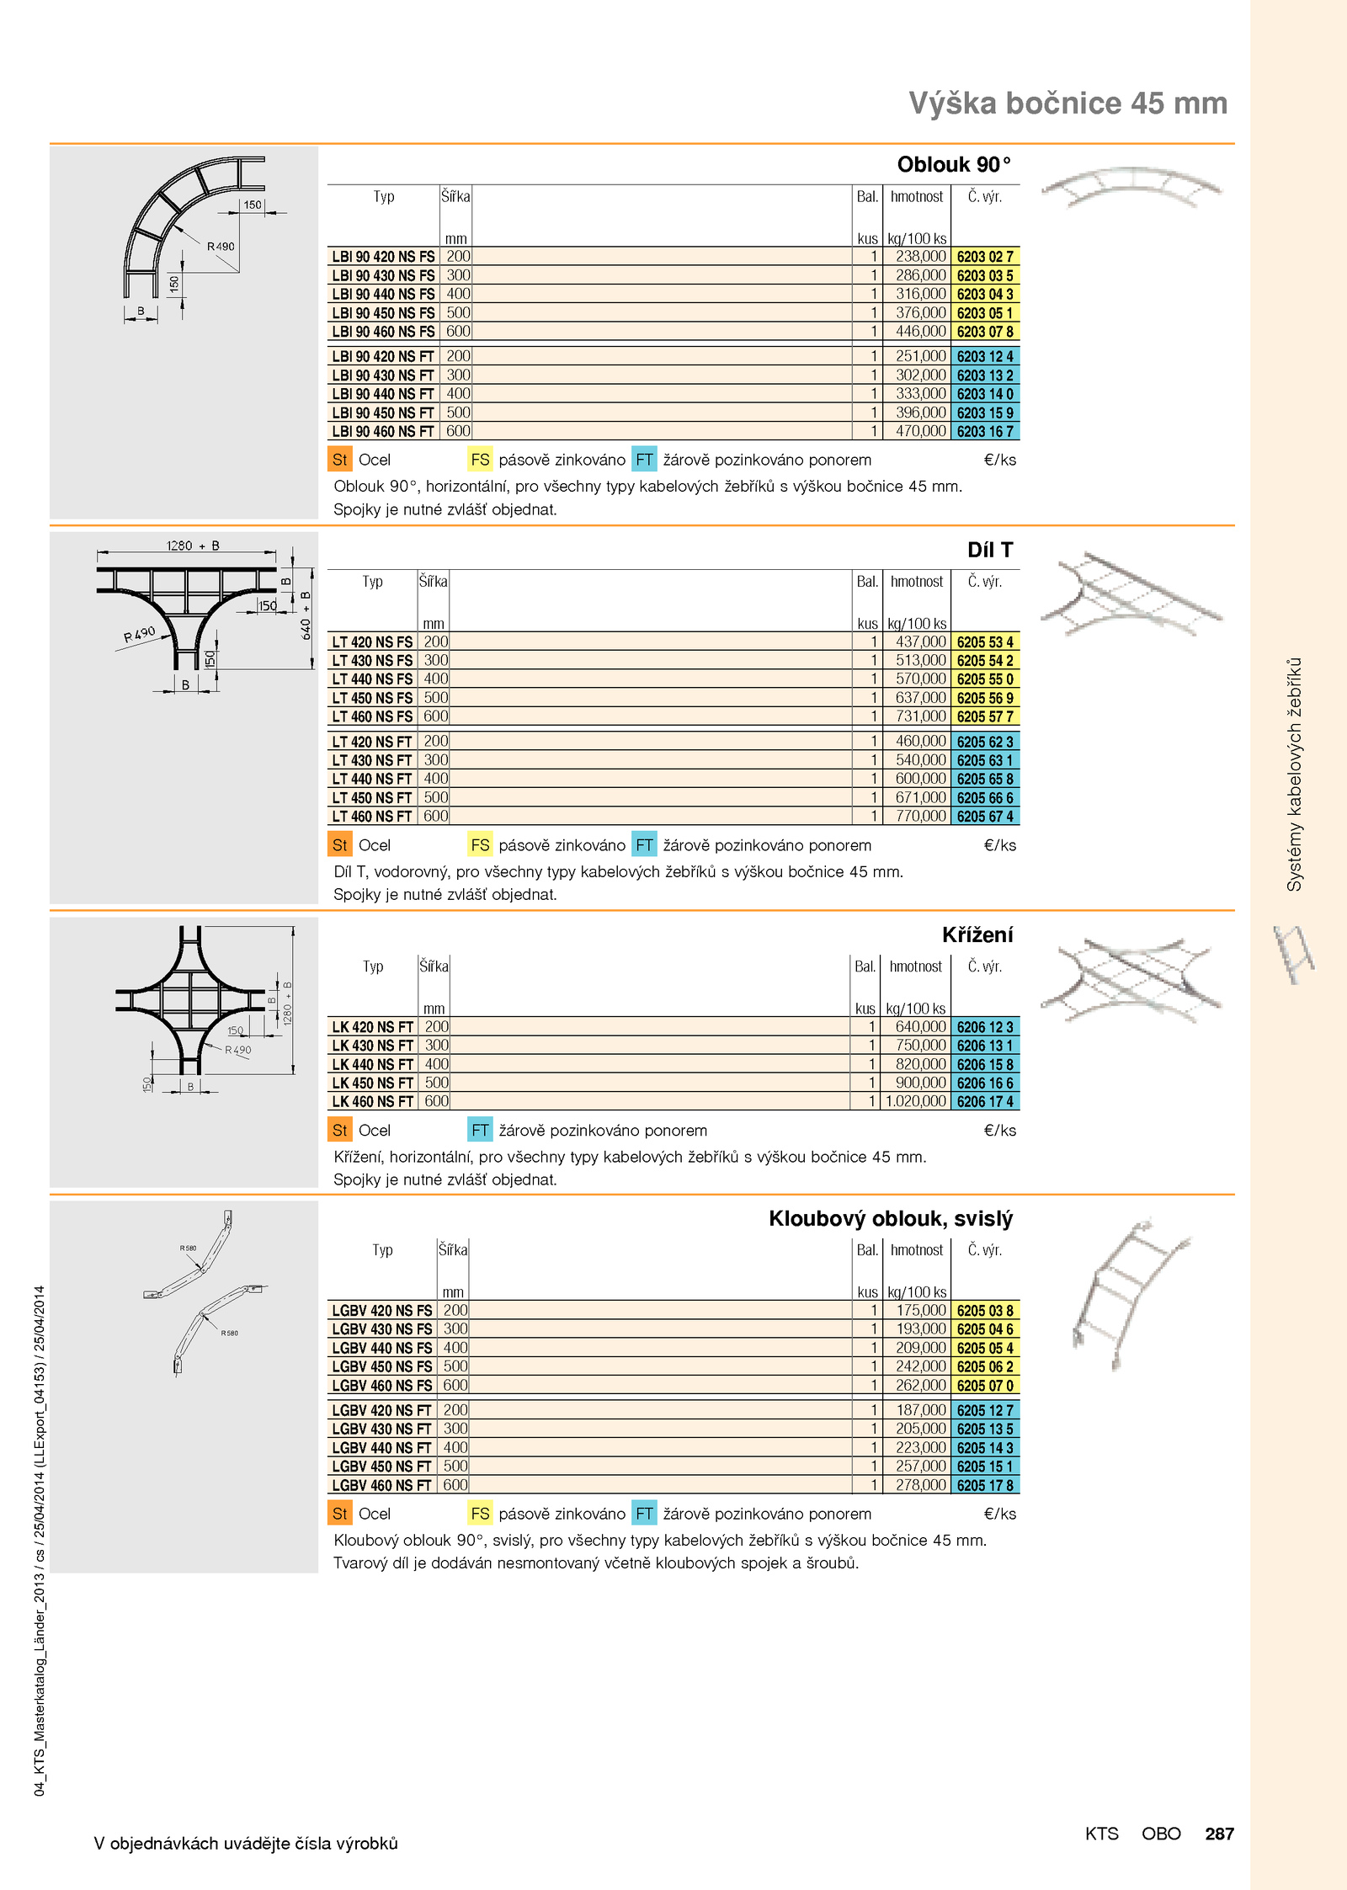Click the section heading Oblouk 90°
coord(954,164)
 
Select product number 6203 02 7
coord(985,257)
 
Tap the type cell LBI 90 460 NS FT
coord(383,431)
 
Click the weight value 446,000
coord(921,332)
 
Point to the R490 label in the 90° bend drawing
coord(221,247)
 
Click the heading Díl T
coord(990,550)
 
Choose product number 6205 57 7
coord(985,716)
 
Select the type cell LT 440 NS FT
coord(372,779)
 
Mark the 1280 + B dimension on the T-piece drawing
coord(193,546)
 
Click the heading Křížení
coord(977,934)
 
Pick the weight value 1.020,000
coord(916,1101)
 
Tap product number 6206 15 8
coord(985,1064)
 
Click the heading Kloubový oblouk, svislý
coord(891,1219)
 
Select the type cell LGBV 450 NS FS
coord(382,1366)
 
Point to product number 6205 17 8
coord(985,1485)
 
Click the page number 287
coord(1219,1834)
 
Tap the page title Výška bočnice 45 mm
coord(1067,103)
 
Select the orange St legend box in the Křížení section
coord(340,1131)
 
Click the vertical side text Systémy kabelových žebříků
coord(1294,774)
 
